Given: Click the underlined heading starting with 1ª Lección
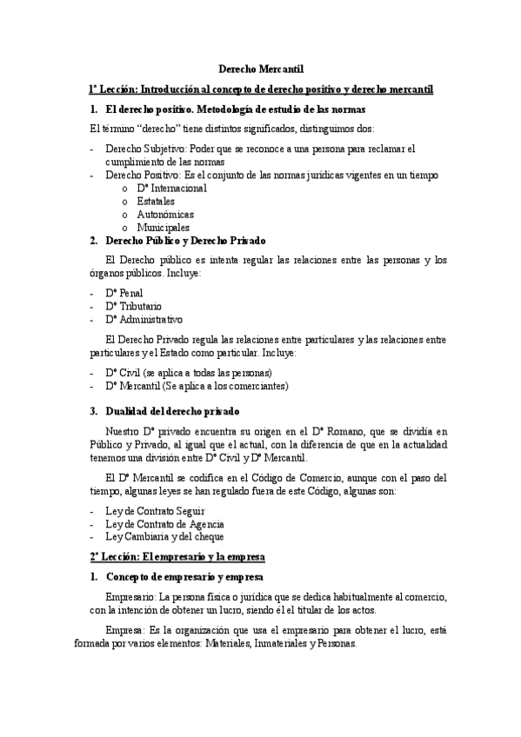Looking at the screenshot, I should coord(261,90).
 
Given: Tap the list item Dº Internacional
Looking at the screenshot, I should coord(171,188).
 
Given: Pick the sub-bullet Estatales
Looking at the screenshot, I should coord(156,201).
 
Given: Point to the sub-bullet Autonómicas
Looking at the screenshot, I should coord(165,214).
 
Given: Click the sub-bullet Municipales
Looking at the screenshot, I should coord(163,227).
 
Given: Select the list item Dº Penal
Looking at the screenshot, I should coord(124,293).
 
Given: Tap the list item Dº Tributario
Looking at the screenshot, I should coord(132,306).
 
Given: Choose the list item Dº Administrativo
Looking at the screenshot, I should coord(144,319).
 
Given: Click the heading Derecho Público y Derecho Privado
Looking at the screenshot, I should coord(185,240).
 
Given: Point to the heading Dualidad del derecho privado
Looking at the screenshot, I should coord(172,410).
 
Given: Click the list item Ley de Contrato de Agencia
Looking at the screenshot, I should coord(164,524).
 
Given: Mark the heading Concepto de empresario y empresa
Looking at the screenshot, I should coord(184,577).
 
